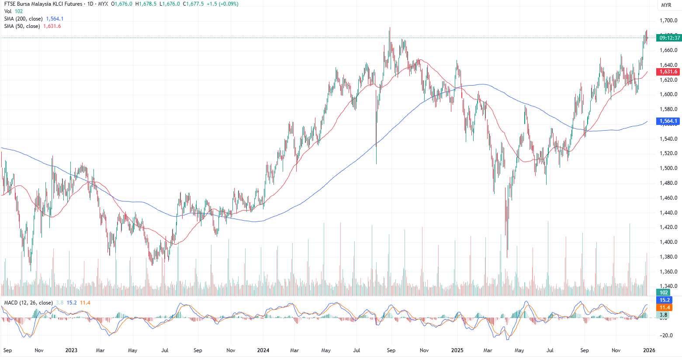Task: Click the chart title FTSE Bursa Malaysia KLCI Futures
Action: [x=43, y=4]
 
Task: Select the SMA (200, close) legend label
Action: [x=24, y=19]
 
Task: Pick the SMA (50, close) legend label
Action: [x=22, y=26]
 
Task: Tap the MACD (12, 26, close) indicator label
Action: [x=28, y=303]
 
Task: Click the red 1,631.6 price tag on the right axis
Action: [x=668, y=72]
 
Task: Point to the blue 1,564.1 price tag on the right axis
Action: [x=668, y=121]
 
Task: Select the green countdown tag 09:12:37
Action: [x=669, y=38]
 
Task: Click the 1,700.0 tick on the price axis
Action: [x=668, y=21]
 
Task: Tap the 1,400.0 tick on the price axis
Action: [x=668, y=242]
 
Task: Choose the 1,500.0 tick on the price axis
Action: [x=668, y=168]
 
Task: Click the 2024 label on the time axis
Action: [x=263, y=350]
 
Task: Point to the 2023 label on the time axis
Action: [x=71, y=350]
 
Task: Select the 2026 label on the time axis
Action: [x=649, y=350]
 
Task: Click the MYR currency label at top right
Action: [x=666, y=5]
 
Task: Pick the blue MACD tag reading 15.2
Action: [x=665, y=300]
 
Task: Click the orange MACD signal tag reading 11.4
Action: [x=665, y=308]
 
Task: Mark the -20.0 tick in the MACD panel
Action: [x=666, y=336]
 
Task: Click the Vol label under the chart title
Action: [x=8, y=11]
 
